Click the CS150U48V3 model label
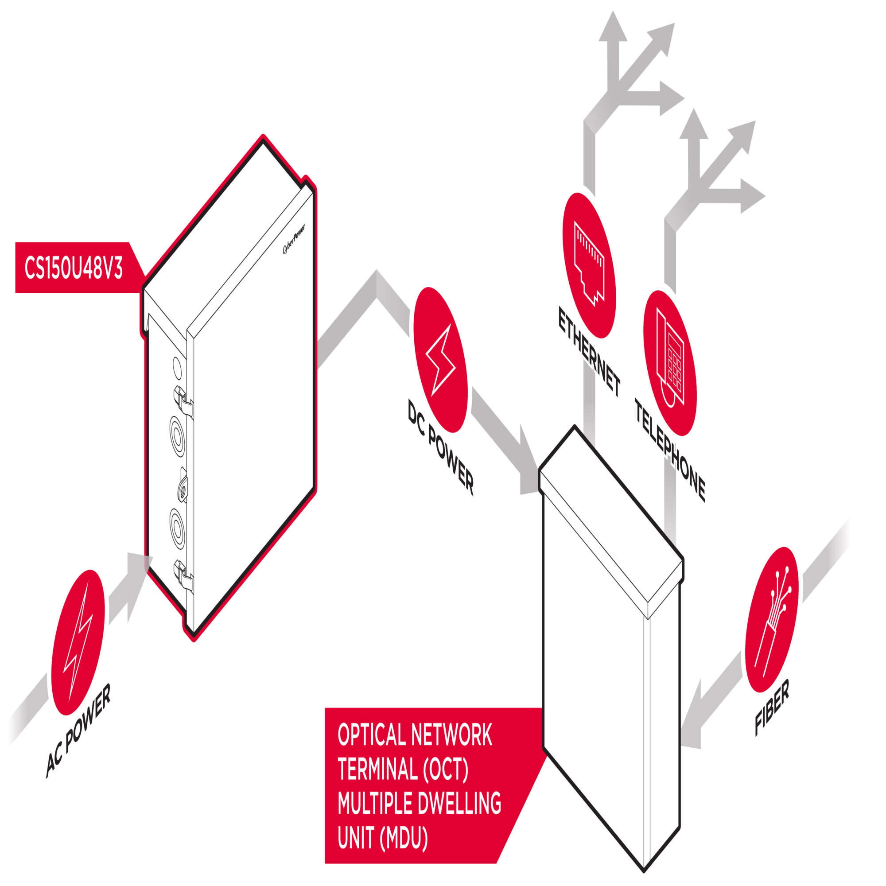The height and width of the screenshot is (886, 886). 74,268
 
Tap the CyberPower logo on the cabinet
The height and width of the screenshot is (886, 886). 294,239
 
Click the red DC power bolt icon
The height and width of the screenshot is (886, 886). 440,360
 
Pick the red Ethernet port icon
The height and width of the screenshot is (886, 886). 589,265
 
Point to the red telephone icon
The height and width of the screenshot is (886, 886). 670,363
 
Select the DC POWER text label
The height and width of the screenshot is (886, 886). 441,447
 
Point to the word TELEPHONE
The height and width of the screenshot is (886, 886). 670,451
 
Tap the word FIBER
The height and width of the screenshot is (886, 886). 772,707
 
